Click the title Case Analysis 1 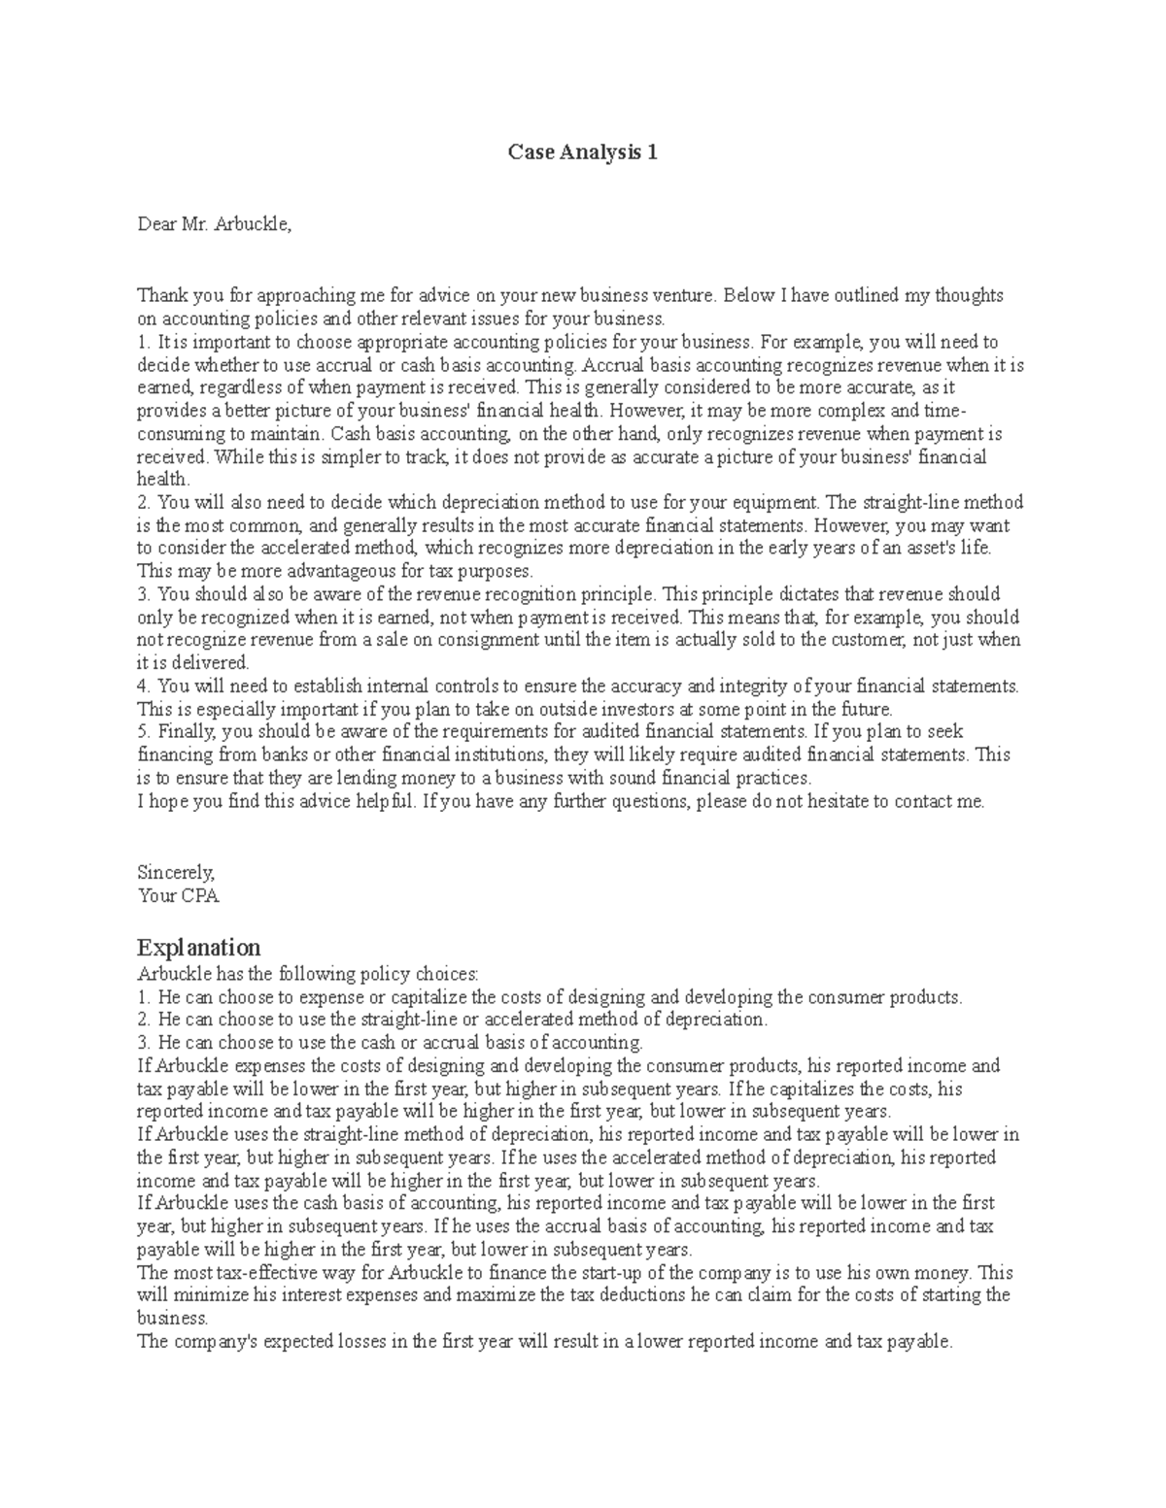pos(583,152)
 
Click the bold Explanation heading pos(198,947)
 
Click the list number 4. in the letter pos(144,686)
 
